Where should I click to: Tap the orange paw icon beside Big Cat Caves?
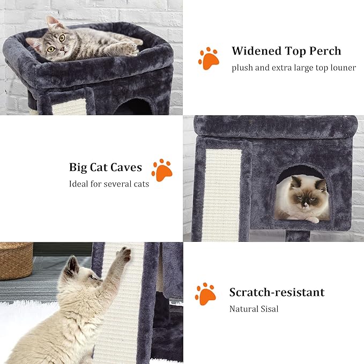tap(161, 170)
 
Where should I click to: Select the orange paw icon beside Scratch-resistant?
tap(205, 294)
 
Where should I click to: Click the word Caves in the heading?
tap(127, 167)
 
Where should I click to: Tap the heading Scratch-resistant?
tap(277, 292)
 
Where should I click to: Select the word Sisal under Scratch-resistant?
tap(271, 309)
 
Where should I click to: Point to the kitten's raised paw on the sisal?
tap(124, 255)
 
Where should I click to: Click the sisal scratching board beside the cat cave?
tap(221, 193)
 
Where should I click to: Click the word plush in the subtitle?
tap(242, 68)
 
